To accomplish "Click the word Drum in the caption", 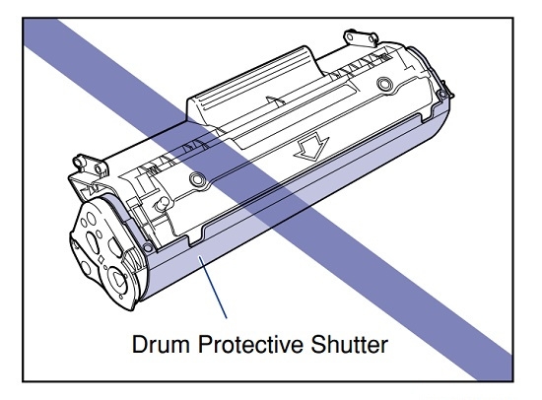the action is [161, 344].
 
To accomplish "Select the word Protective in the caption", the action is [250, 344].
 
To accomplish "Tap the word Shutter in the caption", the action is [350, 344].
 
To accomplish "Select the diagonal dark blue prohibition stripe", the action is [268, 199].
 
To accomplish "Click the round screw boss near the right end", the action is [384, 84].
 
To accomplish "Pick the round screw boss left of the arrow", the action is [197, 179].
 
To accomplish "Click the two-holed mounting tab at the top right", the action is [361, 37].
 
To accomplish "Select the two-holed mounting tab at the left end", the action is [91, 165].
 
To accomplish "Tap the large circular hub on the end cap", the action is [118, 278].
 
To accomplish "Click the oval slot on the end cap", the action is [92, 242].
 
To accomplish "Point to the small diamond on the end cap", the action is [102, 259].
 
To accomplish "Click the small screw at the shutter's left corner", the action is [148, 247].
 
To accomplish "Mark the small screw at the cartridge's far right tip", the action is [441, 94].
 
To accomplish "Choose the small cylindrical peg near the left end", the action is [162, 203].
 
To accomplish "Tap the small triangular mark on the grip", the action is [275, 100].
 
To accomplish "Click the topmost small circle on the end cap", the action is [91, 218].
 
